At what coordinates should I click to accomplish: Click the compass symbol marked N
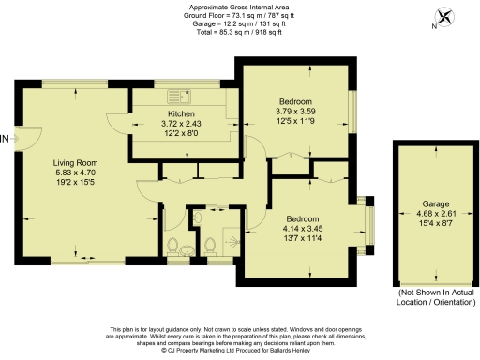pyautogui.click(x=443, y=17)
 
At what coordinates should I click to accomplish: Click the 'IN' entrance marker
pyautogui.click(x=6, y=139)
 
